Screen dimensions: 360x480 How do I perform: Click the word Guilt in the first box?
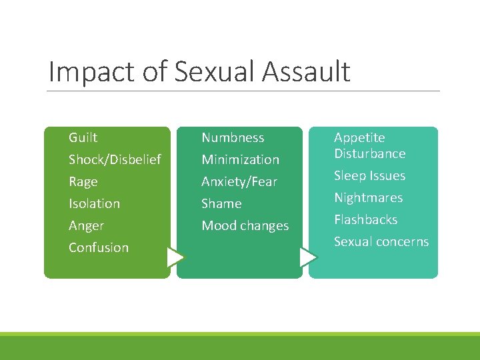click(x=83, y=138)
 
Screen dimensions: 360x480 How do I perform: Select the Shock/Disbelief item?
click(x=115, y=160)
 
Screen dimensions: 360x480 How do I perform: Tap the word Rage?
click(x=83, y=182)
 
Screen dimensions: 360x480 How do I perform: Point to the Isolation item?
click(x=94, y=204)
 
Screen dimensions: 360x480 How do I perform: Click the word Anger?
click(x=86, y=226)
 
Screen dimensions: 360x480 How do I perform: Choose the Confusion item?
click(x=98, y=248)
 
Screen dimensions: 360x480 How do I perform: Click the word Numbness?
click(x=233, y=138)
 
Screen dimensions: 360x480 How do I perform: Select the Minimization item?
click(x=240, y=160)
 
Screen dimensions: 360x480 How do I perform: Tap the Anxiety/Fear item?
click(x=239, y=182)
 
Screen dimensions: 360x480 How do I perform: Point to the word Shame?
click(x=221, y=204)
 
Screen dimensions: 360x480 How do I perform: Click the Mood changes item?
click(x=245, y=226)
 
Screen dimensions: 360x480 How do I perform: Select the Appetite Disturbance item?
click(x=369, y=145)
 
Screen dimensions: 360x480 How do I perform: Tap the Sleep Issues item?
click(x=369, y=176)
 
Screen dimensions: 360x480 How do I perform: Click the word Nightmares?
click(x=368, y=198)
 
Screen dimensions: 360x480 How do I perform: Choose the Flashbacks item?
click(x=365, y=220)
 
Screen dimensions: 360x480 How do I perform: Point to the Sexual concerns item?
click(x=381, y=242)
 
